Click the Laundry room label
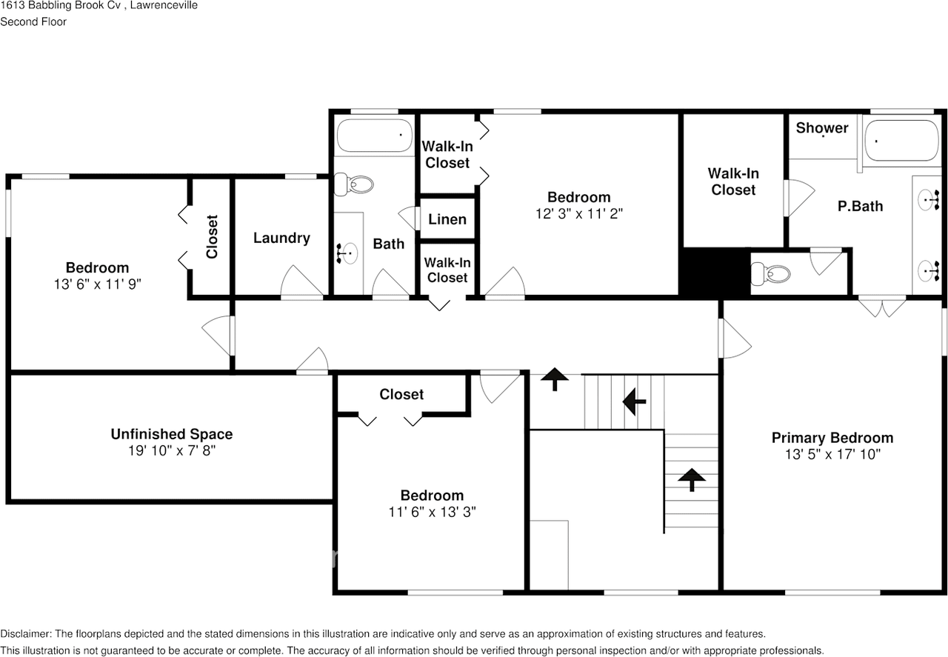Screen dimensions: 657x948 [281, 238]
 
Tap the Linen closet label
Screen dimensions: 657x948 [447, 219]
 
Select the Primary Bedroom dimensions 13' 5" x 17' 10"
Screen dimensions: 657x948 [832, 454]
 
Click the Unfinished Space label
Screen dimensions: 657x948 [172, 434]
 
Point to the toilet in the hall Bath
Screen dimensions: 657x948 [353, 184]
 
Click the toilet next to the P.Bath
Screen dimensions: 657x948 [770, 275]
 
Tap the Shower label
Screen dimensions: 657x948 [821, 128]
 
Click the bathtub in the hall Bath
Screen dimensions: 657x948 [374, 136]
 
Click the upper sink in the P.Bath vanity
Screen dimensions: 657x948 [927, 199]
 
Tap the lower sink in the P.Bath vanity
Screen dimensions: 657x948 [927, 268]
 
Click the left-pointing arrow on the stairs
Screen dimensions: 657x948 [634, 402]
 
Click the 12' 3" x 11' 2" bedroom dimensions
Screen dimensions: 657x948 [578, 213]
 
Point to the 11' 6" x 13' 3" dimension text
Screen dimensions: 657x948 [432, 512]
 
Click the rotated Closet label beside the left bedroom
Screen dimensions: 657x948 [213, 236]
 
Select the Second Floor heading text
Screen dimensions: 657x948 [33, 21]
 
